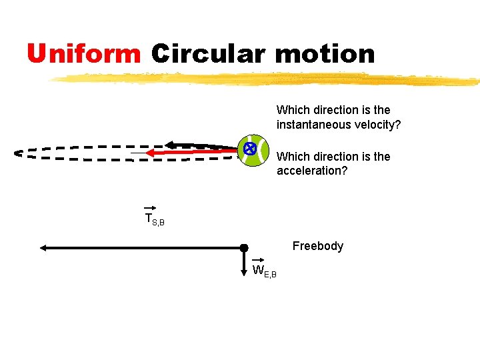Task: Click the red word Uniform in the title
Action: pos(84,53)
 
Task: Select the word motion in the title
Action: pos(325,53)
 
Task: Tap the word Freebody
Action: pos(318,246)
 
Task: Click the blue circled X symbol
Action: pos(249,149)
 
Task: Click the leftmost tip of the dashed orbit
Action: pos(17,153)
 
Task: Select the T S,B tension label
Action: pos(154,219)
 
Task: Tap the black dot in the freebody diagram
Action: pos(244,248)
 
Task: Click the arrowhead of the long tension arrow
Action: pos(43,248)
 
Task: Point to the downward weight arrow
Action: pos(244,261)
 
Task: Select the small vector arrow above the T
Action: pos(149,208)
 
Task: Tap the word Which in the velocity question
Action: pos(291,110)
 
